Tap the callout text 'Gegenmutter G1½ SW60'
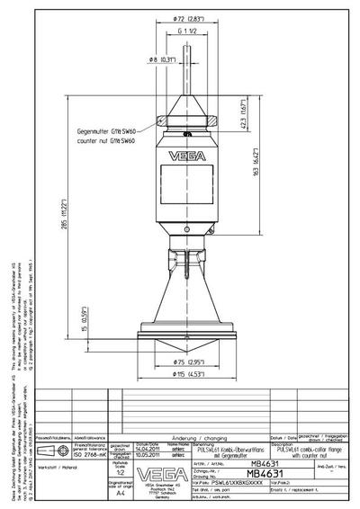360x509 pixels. tap(105, 131)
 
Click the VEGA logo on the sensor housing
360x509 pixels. tap(191, 153)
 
